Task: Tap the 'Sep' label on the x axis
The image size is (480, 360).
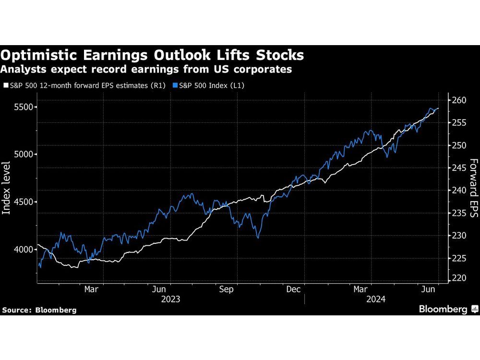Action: point(226,289)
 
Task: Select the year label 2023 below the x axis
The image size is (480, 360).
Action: point(171,299)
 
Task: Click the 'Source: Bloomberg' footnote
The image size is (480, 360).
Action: point(39,310)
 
